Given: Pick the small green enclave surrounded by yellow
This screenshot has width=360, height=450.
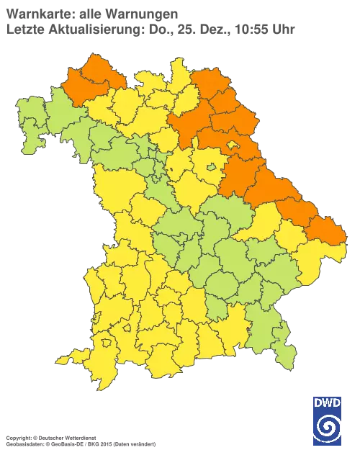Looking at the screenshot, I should [212, 168].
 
